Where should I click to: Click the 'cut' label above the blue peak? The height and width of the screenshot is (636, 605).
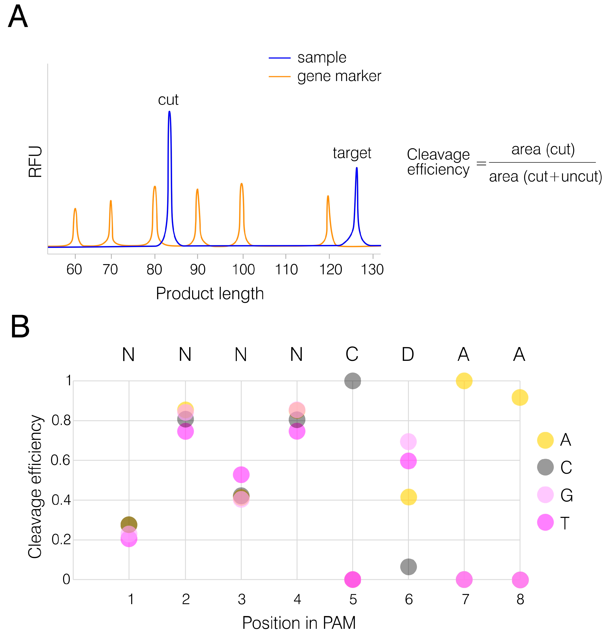tap(168, 100)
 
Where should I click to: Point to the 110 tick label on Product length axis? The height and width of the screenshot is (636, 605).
tap(286, 269)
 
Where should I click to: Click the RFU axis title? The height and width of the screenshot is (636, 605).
tap(35, 162)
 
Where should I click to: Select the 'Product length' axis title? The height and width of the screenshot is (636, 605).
tap(210, 294)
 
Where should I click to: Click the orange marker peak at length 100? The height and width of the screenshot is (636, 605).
tap(241, 184)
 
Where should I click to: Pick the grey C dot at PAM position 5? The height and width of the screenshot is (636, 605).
tap(353, 381)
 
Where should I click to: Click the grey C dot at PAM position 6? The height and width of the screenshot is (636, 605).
tap(408, 567)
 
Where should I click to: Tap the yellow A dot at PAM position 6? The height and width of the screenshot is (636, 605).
tap(408, 497)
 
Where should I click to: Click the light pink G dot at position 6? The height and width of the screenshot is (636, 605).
tap(408, 441)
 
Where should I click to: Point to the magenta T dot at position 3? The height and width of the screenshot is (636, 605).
tap(241, 475)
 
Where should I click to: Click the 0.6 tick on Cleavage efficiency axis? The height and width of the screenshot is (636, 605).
tap(61, 460)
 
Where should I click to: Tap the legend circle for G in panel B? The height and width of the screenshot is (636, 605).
tap(545, 495)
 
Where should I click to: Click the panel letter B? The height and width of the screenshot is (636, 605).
tap(20, 327)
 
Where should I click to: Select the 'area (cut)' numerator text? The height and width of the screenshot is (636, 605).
tap(543, 149)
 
